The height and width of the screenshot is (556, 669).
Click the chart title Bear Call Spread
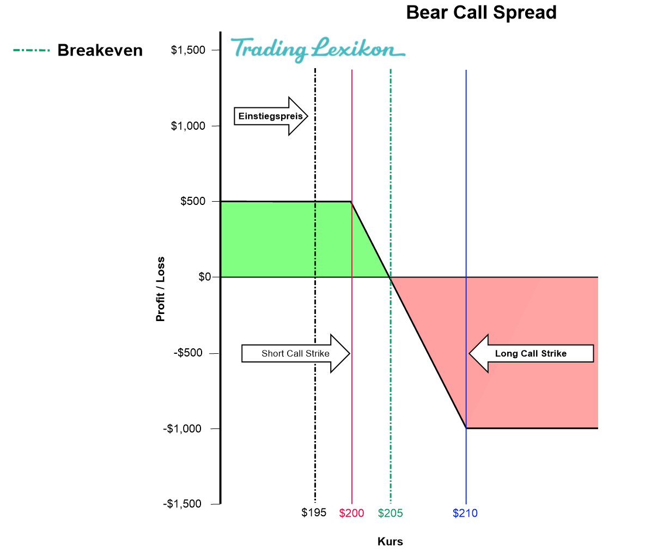[x=481, y=13]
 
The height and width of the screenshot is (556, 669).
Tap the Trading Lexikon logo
[x=318, y=49]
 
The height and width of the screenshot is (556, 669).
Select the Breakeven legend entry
[x=77, y=50]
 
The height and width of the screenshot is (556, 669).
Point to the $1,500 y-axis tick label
[x=188, y=50]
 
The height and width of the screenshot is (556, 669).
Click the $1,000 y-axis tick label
[x=188, y=126]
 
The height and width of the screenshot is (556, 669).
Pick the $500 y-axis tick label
[x=193, y=201]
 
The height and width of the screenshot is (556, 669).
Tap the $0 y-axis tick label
[x=204, y=277]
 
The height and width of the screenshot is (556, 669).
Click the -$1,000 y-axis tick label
[x=183, y=428]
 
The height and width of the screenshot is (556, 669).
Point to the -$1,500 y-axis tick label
[x=183, y=504]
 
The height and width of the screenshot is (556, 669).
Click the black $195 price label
[x=314, y=512]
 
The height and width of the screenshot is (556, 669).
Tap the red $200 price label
[x=351, y=513]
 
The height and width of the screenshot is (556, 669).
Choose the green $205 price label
[x=390, y=513]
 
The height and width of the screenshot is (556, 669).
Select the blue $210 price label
[x=465, y=513]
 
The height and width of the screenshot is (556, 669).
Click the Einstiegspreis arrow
[x=271, y=116]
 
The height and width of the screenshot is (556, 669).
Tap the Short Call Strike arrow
[x=295, y=353]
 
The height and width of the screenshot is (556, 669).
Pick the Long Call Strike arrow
[x=531, y=353]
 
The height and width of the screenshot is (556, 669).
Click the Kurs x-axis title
[x=390, y=541]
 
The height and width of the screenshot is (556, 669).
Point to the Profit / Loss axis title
[x=160, y=289]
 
